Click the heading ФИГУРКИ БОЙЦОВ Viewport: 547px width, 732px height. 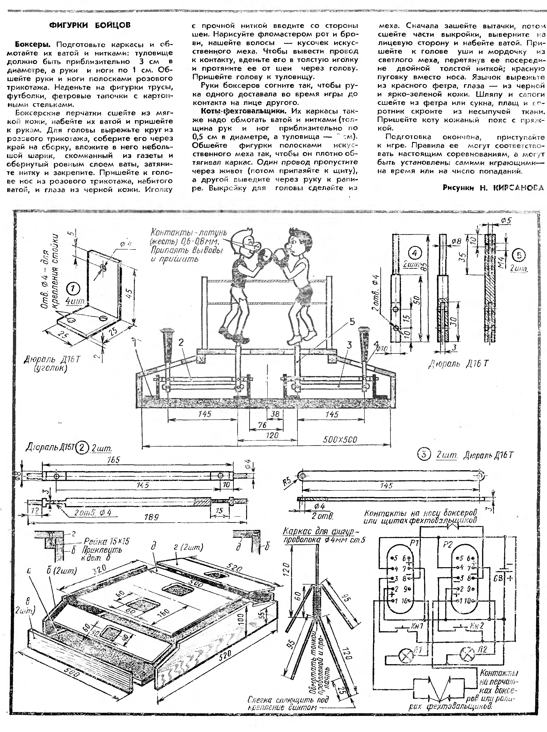pos(90,26)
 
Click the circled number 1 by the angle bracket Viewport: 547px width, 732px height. pos(73,288)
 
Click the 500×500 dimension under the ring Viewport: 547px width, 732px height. pos(340,439)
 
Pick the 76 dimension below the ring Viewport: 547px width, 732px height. pos(262,425)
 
